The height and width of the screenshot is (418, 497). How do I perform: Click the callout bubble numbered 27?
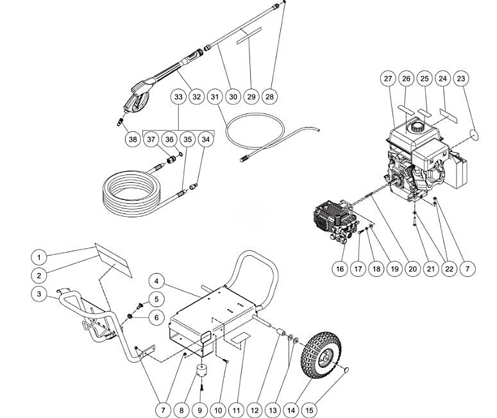pyautogui.click(x=388, y=79)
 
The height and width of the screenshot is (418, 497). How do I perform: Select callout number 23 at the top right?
pyautogui.click(x=460, y=79)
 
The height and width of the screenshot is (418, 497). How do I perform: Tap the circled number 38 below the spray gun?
pyautogui.click(x=133, y=138)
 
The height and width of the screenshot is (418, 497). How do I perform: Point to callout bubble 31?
pyautogui.click(x=215, y=97)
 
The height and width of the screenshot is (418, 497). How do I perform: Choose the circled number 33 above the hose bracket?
pyautogui.click(x=179, y=97)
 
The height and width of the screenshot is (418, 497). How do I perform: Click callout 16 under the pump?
pyautogui.click(x=341, y=269)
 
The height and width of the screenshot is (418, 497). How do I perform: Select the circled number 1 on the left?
pyautogui.click(x=40, y=258)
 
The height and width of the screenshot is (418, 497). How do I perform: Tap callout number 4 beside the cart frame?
pyautogui.click(x=157, y=280)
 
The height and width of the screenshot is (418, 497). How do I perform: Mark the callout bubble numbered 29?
pyautogui.click(x=251, y=97)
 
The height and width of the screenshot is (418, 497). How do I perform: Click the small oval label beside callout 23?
pyautogui.click(x=476, y=133)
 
